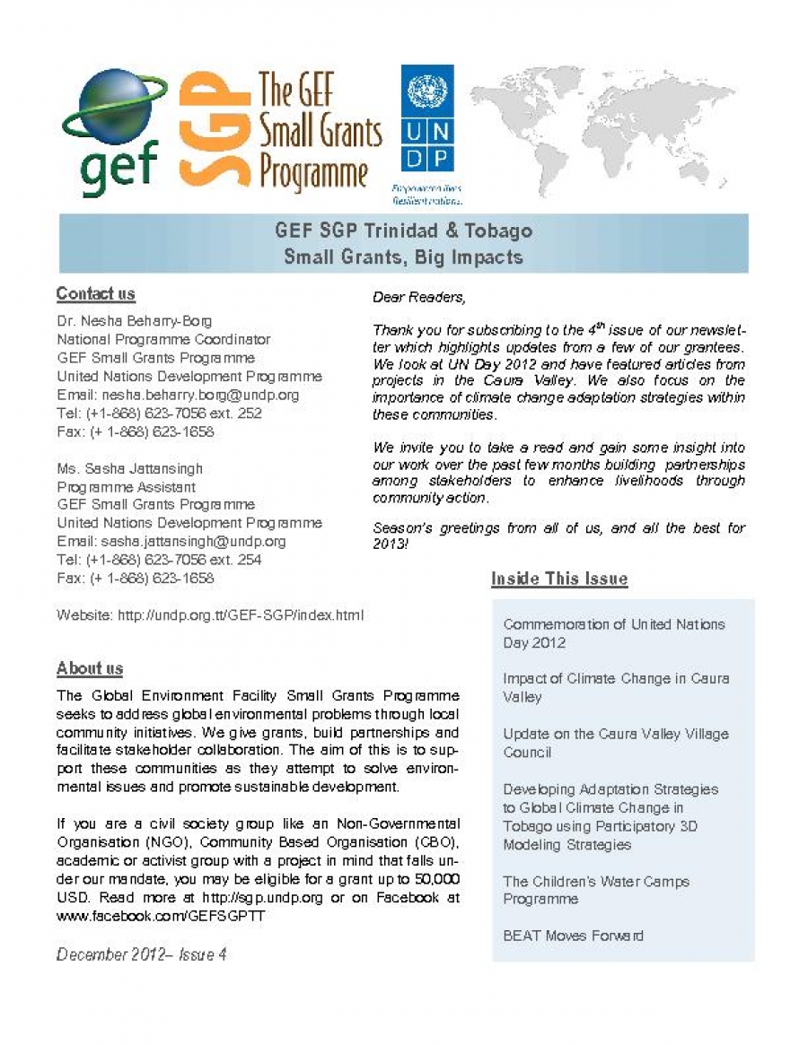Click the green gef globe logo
tap(113, 129)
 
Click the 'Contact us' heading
tap(95, 294)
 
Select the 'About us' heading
tap(90, 668)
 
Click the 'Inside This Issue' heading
tap(559, 579)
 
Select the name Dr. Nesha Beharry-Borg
tap(135, 321)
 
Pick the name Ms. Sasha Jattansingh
tap(130, 468)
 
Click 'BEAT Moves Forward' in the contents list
tap(573, 936)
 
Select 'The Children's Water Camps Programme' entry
tap(596, 890)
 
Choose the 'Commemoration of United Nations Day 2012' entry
tap(614, 633)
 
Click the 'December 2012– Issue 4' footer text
tap(142, 954)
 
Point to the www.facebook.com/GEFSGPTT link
tap(162, 917)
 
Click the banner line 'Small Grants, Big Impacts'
tap(403, 257)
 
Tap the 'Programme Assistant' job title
tap(127, 486)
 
